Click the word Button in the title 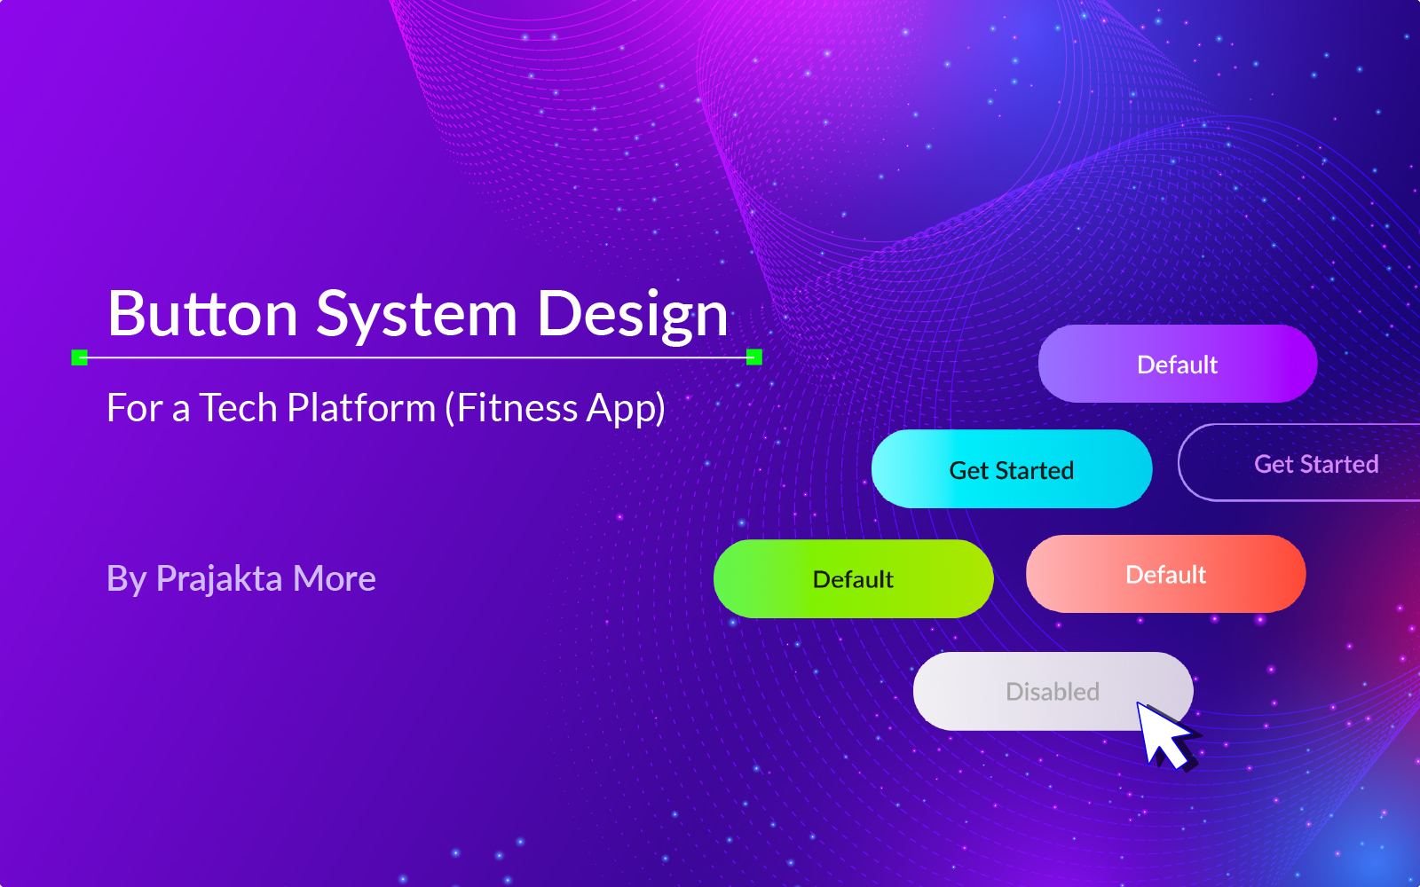pyautogui.click(x=203, y=313)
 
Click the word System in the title pyautogui.click(x=416, y=316)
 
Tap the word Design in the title pyautogui.click(x=632, y=316)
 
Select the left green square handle pyautogui.click(x=79, y=357)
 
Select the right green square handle pyautogui.click(x=754, y=357)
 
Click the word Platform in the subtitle pyautogui.click(x=361, y=407)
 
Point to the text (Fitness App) pyautogui.click(x=556, y=408)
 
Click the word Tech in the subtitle pyautogui.click(x=238, y=407)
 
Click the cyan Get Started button pyautogui.click(x=1012, y=469)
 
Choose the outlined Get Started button pyautogui.click(x=1299, y=462)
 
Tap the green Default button pyautogui.click(x=853, y=578)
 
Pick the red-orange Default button pyautogui.click(x=1166, y=574)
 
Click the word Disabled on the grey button pyautogui.click(x=1053, y=691)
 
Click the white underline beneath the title pyautogui.click(x=417, y=357)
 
